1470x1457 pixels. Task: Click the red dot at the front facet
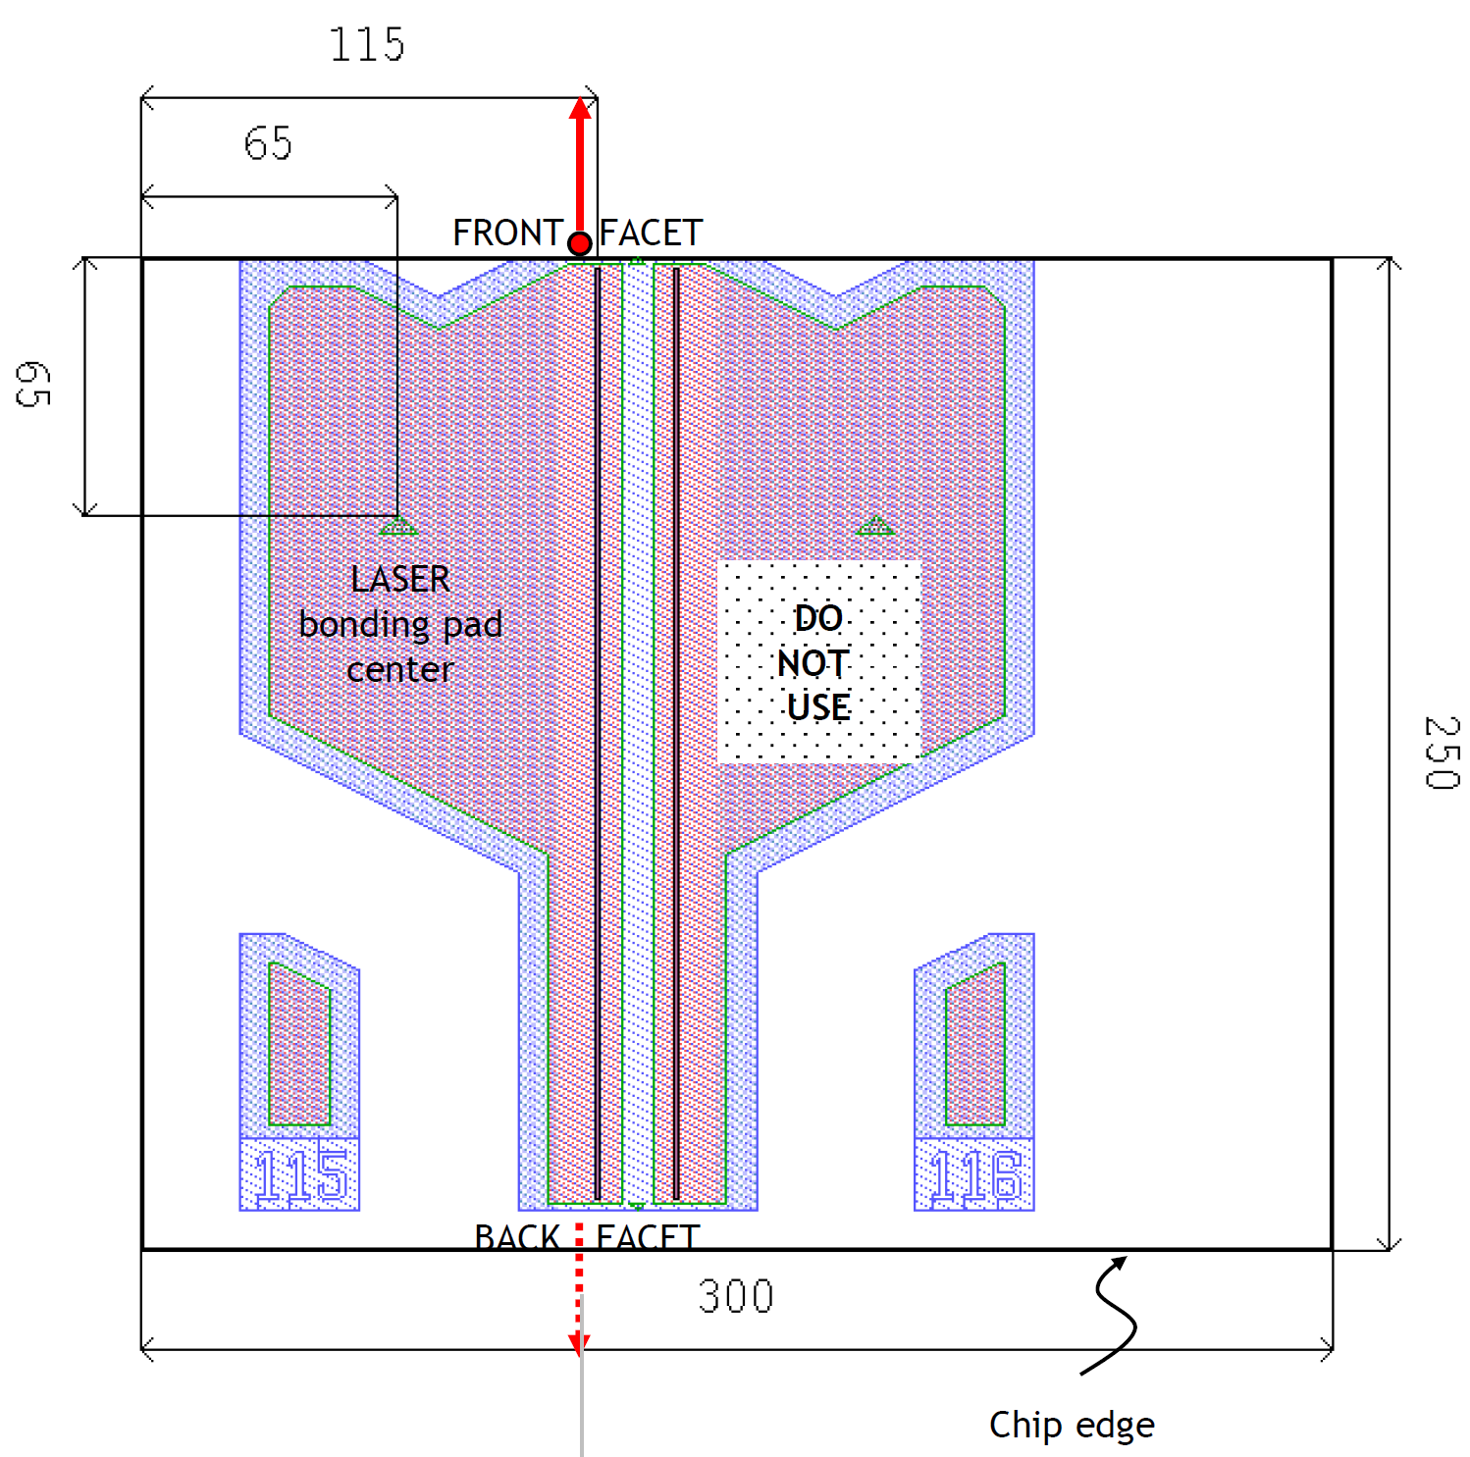[x=580, y=243]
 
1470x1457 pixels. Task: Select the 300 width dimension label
[x=736, y=1297]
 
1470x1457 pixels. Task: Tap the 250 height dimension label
[x=1442, y=753]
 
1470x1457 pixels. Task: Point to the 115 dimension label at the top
[x=366, y=45]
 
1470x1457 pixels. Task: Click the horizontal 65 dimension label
[x=268, y=144]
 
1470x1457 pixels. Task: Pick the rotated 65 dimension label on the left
[x=32, y=384]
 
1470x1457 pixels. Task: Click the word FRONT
[x=506, y=234]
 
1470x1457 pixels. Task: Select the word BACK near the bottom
[x=517, y=1237]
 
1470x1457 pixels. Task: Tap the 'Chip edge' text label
[x=1072, y=1425]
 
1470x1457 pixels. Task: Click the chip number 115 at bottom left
[x=300, y=1175]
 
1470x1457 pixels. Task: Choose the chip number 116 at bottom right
[x=975, y=1175]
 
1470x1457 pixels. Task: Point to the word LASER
[x=400, y=579]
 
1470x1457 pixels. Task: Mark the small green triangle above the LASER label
[x=398, y=527]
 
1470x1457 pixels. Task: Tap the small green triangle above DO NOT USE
[x=875, y=527]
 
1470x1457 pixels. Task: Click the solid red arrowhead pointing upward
[x=580, y=108]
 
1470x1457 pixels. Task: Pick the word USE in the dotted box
[x=818, y=707]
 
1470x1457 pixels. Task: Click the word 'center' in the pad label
[x=400, y=670]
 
